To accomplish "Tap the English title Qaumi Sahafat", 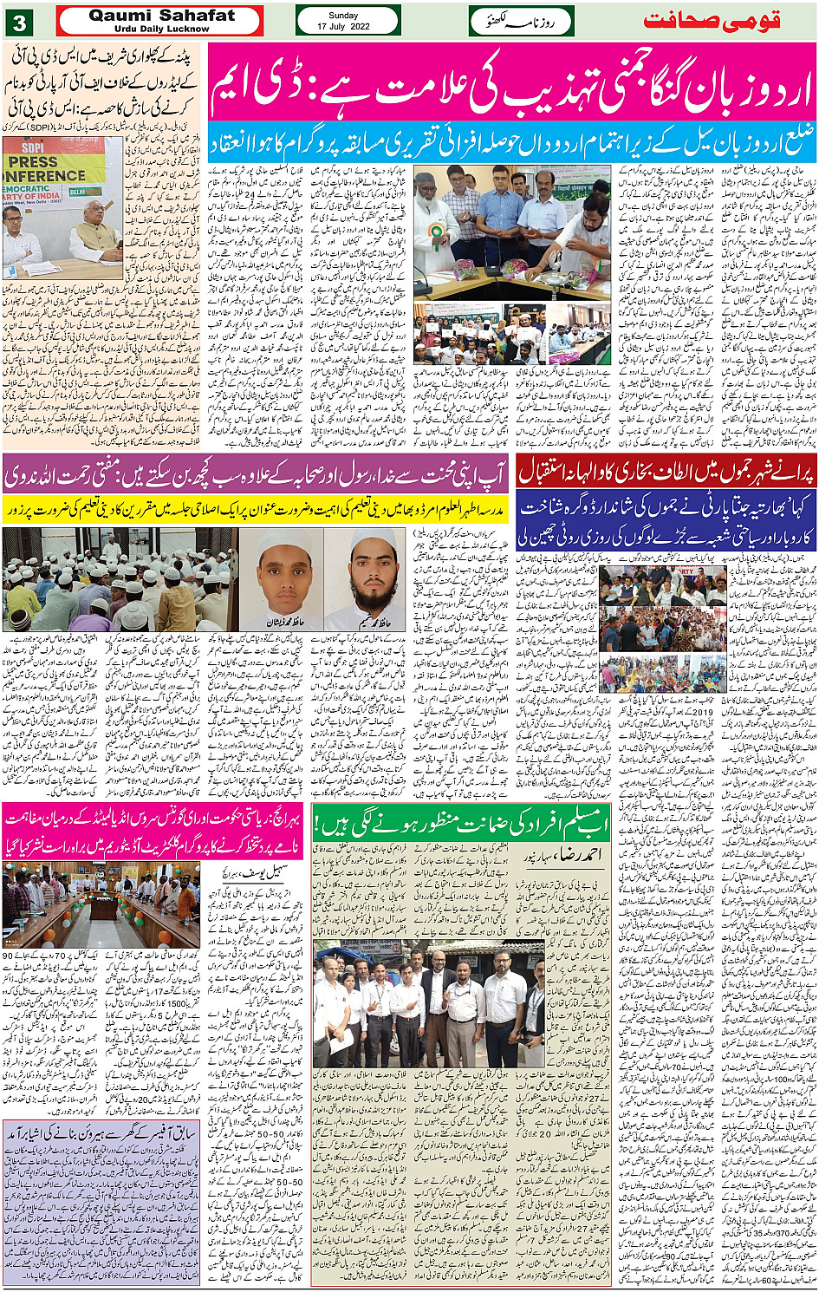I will [161, 16].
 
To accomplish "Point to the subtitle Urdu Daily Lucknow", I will [161, 29].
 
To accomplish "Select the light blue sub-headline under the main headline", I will [511, 140].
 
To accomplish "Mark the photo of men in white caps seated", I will [120, 579].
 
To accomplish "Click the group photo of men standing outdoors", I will [428, 1003].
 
